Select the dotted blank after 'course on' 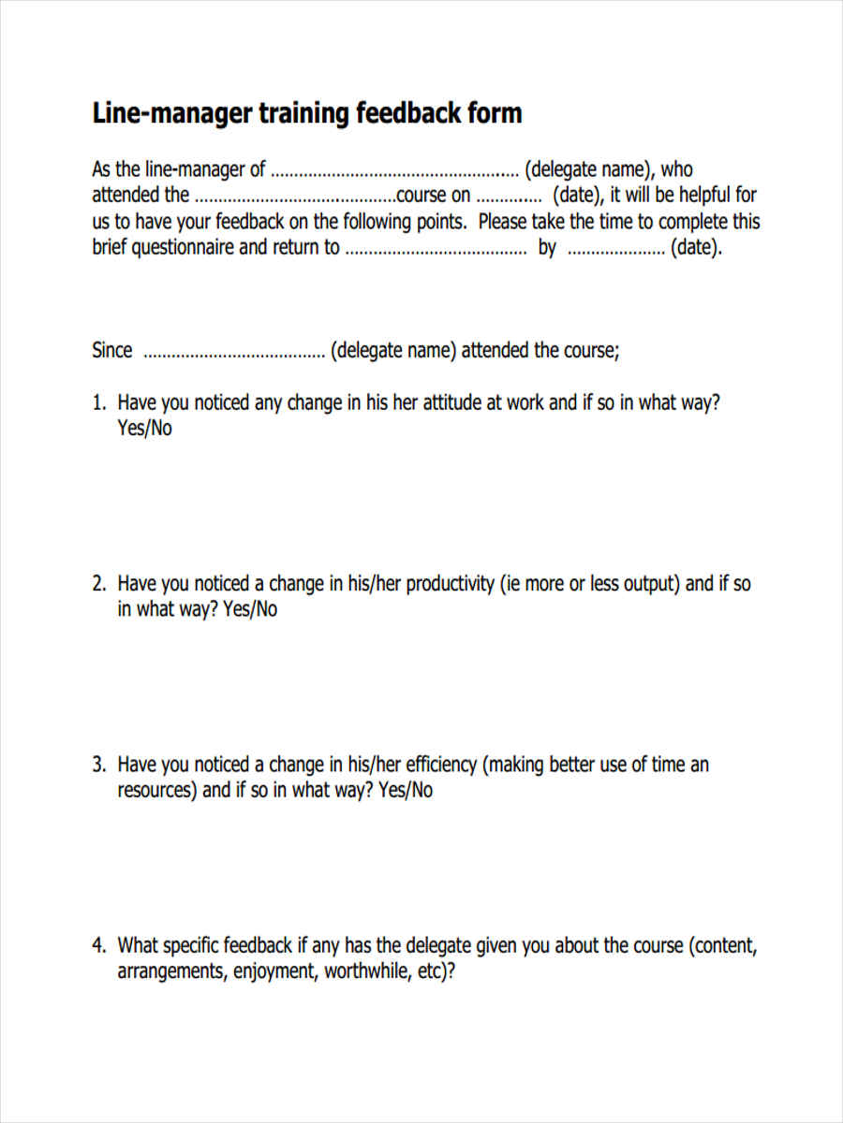(x=509, y=197)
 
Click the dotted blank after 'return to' (x=436, y=250)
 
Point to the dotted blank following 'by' (x=615, y=250)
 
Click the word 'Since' (x=112, y=350)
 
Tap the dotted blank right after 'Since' (x=232, y=352)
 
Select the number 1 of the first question (x=97, y=403)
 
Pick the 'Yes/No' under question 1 (x=144, y=429)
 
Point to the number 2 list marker (x=97, y=584)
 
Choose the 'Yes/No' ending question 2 (x=250, y=609)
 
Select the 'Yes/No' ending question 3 (x=406, y=790)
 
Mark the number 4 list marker (x=97, y=945)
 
